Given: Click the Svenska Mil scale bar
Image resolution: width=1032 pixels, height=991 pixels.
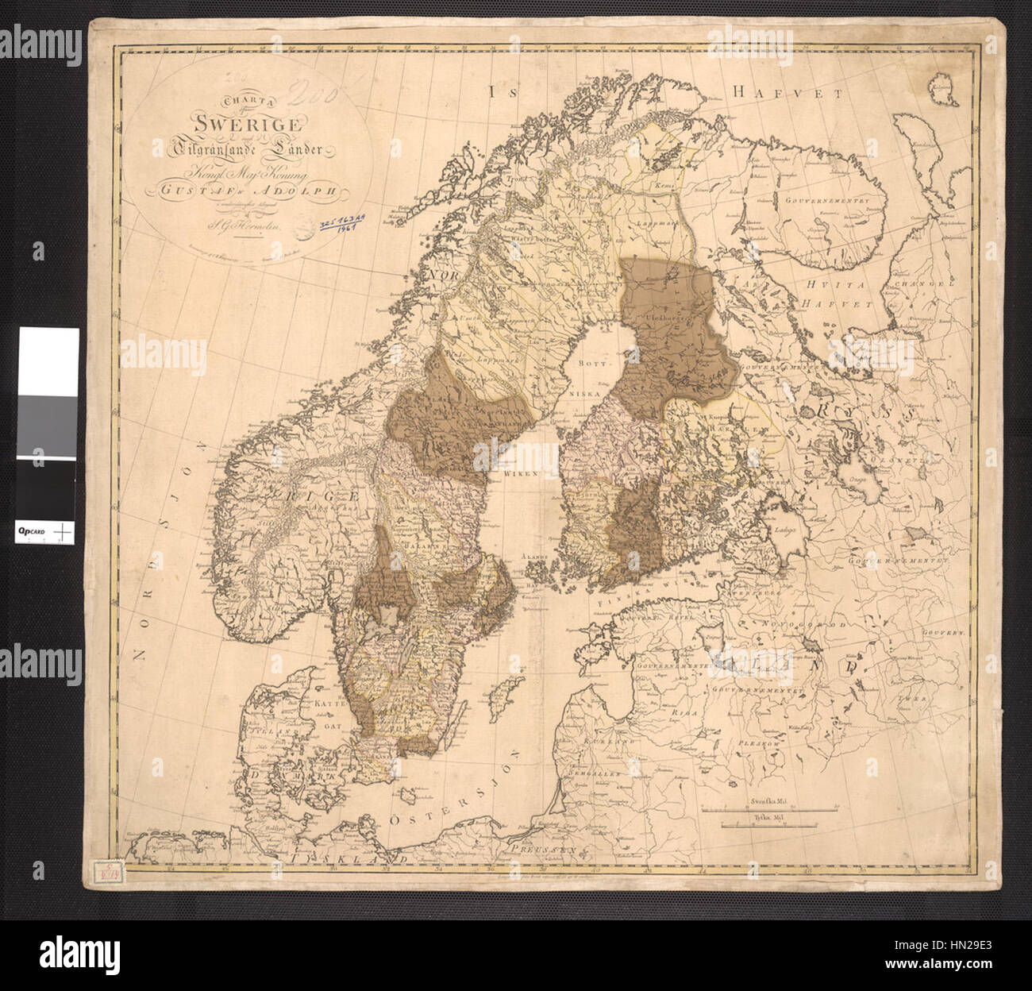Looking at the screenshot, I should [x=771, y=808].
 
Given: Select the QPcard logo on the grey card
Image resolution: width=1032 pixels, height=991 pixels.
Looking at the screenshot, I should [x=35, y=530].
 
